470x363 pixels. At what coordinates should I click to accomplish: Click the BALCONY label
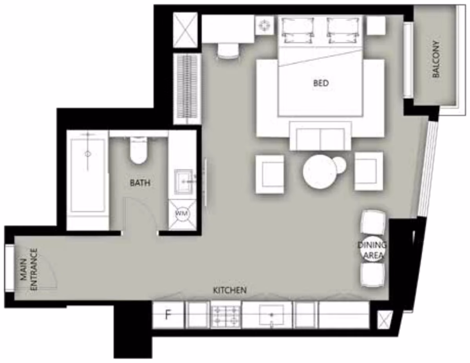436,59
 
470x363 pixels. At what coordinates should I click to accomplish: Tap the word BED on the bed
321,83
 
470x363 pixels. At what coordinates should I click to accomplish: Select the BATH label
140,183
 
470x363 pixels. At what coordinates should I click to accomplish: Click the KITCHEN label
230,290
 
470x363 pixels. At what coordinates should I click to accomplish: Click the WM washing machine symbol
181,213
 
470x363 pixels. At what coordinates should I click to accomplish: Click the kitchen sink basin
272,314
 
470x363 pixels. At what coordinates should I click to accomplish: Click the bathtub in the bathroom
88,175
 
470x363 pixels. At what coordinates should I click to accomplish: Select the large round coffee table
320,172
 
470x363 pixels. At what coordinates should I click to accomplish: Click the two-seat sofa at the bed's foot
320,136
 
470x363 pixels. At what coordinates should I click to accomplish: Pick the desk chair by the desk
228,51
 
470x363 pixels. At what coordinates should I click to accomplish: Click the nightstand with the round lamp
264,25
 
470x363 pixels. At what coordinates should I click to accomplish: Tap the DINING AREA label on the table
372,250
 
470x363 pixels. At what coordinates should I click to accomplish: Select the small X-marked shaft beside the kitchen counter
384,320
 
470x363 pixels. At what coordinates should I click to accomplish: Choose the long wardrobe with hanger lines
188,88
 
